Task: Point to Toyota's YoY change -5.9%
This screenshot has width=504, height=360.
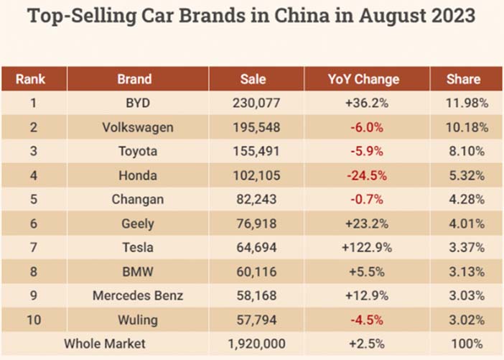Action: point(367,152)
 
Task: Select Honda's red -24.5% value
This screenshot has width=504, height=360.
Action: point(367,175)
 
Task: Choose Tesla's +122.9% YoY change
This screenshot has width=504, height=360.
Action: point(367,247)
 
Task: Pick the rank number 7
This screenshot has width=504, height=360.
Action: point(33,247)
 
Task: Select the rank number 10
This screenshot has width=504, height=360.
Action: point(33,319)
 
